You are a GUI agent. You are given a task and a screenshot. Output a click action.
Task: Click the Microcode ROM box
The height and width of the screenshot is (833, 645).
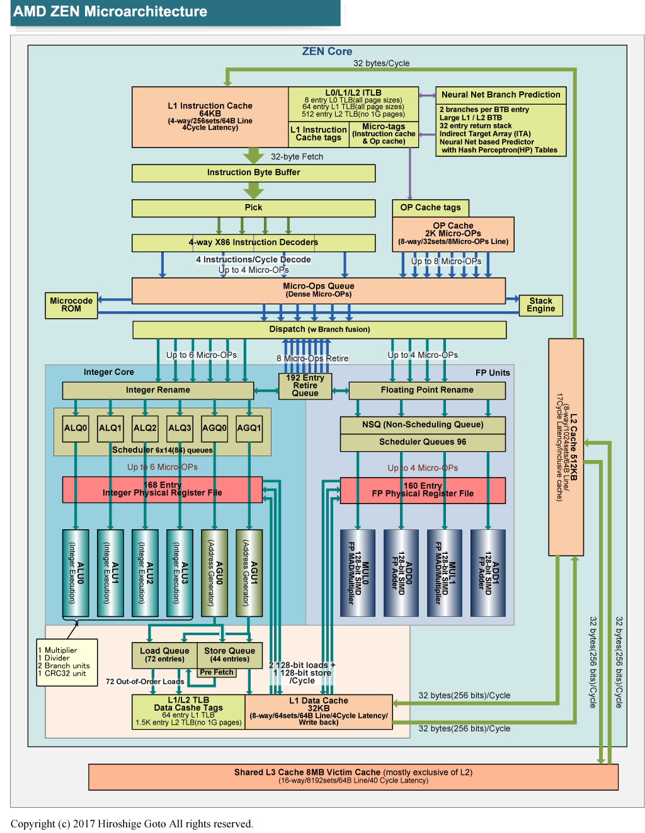click(x=71, y=305)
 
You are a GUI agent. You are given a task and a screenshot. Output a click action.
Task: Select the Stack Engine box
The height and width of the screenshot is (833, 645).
click(x=540, y=305)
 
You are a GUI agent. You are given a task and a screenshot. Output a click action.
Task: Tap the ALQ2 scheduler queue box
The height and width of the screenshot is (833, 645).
click(x=145, y=428)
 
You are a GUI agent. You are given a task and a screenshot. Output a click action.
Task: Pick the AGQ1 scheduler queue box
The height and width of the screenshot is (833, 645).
click(x=249, y=428)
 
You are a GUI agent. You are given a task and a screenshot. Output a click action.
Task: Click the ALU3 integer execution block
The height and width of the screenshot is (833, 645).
click(x=180, y=572)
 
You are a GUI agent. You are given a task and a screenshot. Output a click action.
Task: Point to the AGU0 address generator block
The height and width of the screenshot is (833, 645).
click(x=215, y=572)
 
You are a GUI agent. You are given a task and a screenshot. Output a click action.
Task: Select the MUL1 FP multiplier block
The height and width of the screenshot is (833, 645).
click(x=444, y=572)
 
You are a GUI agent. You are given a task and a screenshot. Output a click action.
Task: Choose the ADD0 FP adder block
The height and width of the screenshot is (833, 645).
click(x=401, y=572)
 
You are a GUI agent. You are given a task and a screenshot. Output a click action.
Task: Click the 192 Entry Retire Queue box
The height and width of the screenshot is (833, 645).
click(x=305, y=386)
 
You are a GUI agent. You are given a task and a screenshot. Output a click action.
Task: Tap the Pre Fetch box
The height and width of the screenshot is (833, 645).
click(x=217, y=672)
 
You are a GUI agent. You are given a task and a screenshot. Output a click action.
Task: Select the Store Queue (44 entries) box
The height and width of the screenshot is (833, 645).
click(x=229, y=655)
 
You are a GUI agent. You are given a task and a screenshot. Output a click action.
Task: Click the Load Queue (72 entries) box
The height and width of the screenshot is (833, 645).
click(x=164, y=655)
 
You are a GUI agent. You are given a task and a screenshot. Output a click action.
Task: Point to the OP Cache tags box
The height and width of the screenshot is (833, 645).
click(x=430, y=208)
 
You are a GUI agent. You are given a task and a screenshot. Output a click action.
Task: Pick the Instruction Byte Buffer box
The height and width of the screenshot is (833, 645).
click(x=253, y=173)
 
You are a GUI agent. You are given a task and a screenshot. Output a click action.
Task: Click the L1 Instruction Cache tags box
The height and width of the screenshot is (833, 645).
click(x=318, y=134)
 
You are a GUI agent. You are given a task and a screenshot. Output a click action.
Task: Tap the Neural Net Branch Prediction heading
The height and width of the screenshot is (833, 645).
click(x=501, y=95)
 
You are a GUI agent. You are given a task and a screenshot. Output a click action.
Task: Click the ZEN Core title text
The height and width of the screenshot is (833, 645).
click(x=327, y=52)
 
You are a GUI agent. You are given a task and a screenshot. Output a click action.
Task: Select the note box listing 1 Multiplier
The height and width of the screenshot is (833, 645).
click(x=67, y=662)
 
